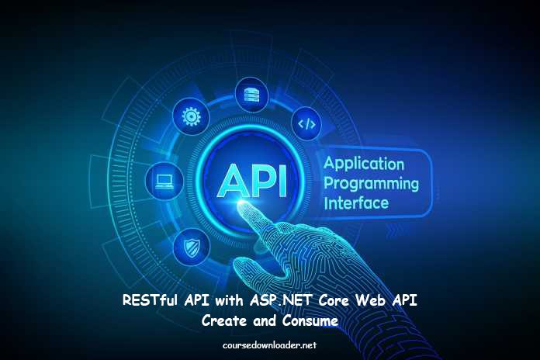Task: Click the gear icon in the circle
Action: click(x=191, y=116)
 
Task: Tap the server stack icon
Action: click(x=251, y=95)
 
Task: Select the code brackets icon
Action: click(x=306, y=123)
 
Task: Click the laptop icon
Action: click(x=164, y=182)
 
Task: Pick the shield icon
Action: click(x=192, y=247)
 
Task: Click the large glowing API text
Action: click(x=251, y=182)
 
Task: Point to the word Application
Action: click(x=364, y=164)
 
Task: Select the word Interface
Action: click(x=356, y=203)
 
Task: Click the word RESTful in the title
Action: click(x=150, y=300)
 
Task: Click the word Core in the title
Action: click(x=334, y=300)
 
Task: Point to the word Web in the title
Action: click(x=370, y=300)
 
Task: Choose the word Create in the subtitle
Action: click(x=224, y=320)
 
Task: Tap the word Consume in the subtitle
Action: click(x=310, y=320)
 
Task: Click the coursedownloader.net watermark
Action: click(x=269, y=345)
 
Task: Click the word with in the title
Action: click(x=229, y=300)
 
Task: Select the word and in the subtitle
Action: click(x=265, y=320)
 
